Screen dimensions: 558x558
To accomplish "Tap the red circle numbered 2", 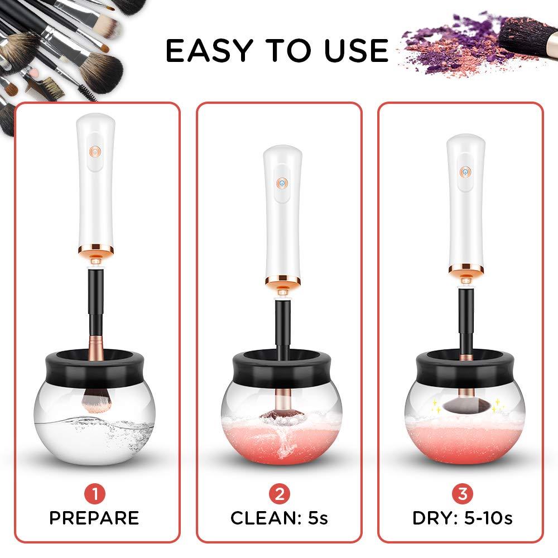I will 279,493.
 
